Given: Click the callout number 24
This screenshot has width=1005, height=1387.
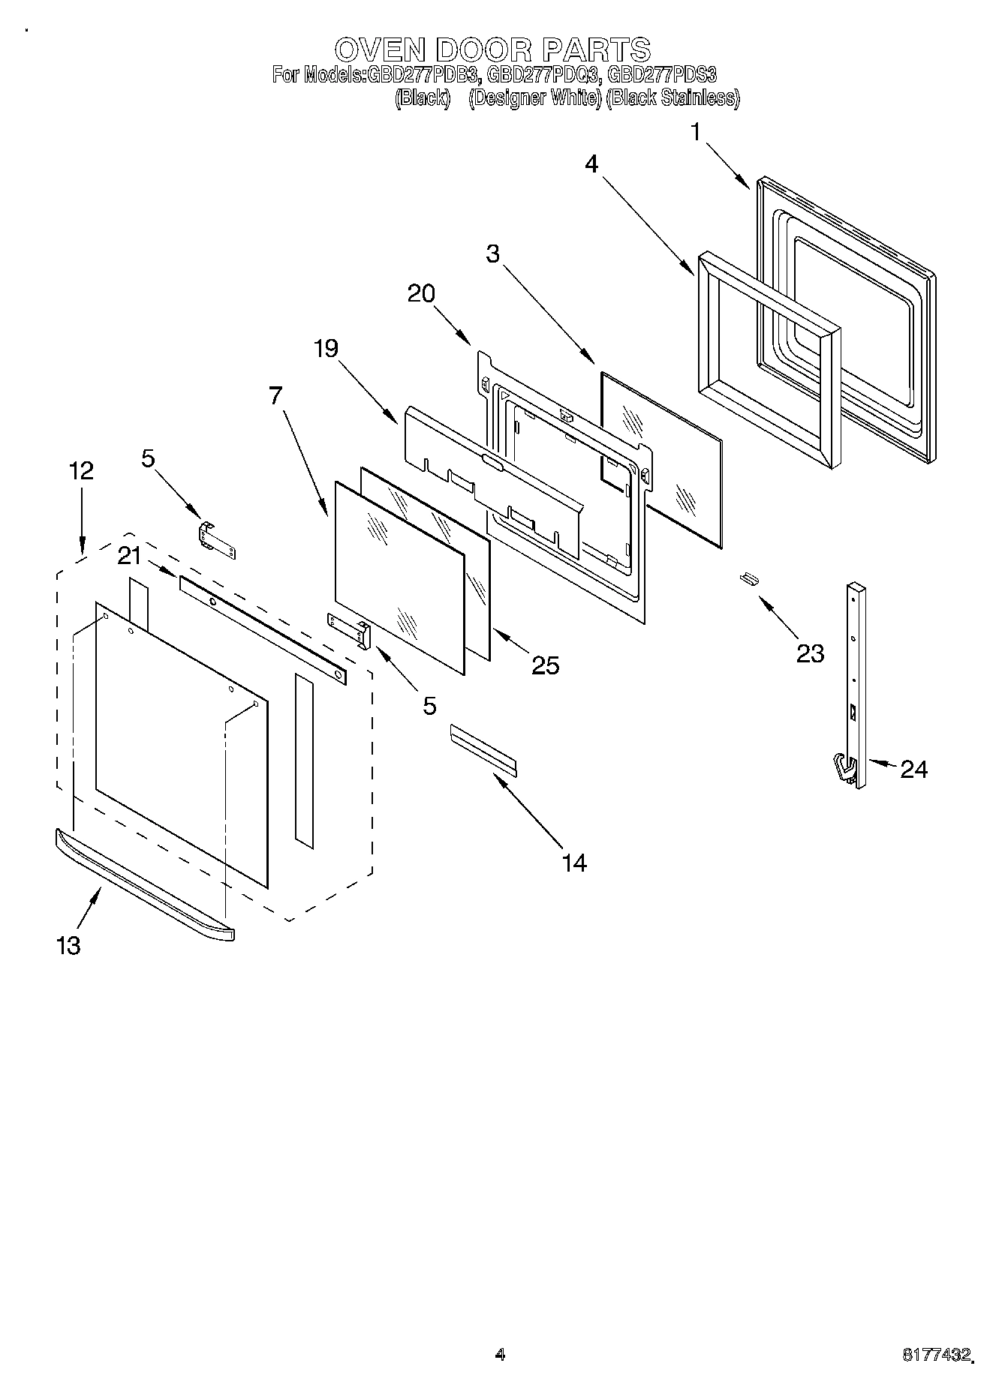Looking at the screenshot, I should (x=913, y=769).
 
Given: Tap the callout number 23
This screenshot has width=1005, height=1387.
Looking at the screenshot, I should (x=810, y=653).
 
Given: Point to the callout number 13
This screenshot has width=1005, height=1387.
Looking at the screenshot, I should (x=68, y=945).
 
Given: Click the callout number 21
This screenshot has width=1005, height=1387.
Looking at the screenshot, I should (x=129, y=556).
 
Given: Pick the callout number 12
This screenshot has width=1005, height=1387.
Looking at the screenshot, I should (x=81, y=471).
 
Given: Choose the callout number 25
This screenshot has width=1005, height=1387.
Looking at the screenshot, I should (x=545, y=665).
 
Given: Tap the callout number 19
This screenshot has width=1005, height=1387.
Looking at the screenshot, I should (x=326, y=348).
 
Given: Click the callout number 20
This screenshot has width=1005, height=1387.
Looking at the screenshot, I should (x=421, y=293).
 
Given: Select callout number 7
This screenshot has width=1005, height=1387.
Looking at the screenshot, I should (x=275, y=395).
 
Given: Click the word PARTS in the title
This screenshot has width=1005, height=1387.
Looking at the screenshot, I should (x=596, y=50).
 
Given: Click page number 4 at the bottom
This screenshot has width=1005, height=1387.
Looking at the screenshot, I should (x=500, y=1354).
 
